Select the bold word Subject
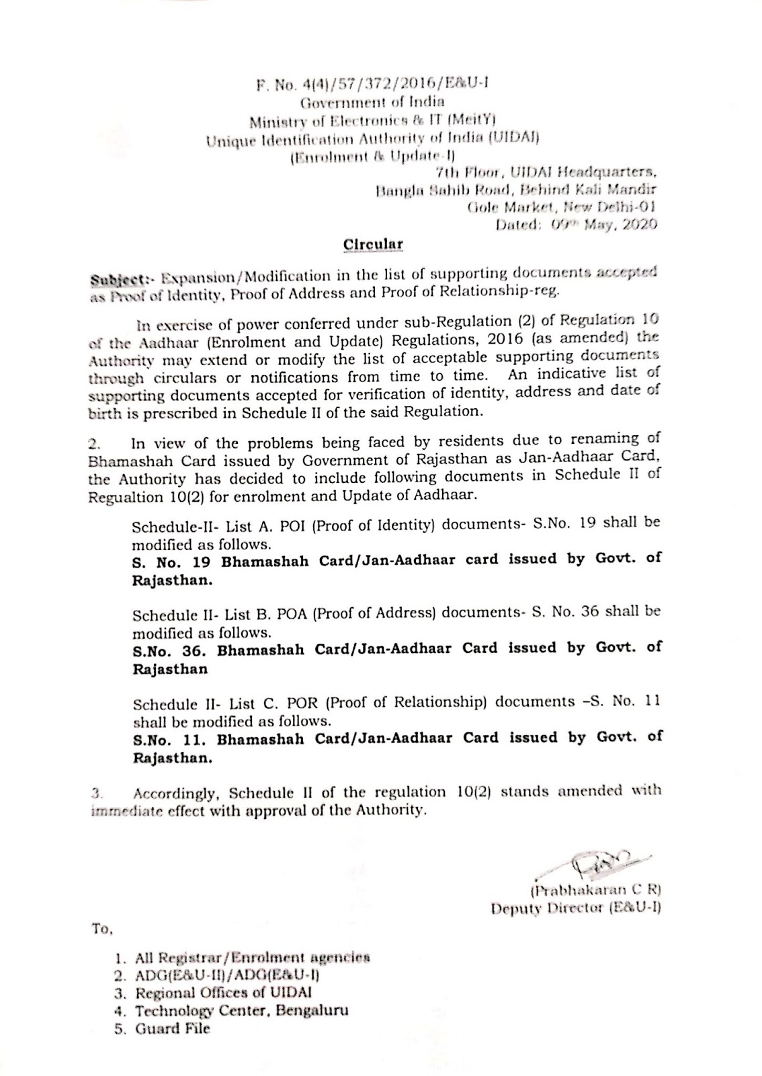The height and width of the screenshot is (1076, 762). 115,277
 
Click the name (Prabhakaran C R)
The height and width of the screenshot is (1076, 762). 595,892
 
